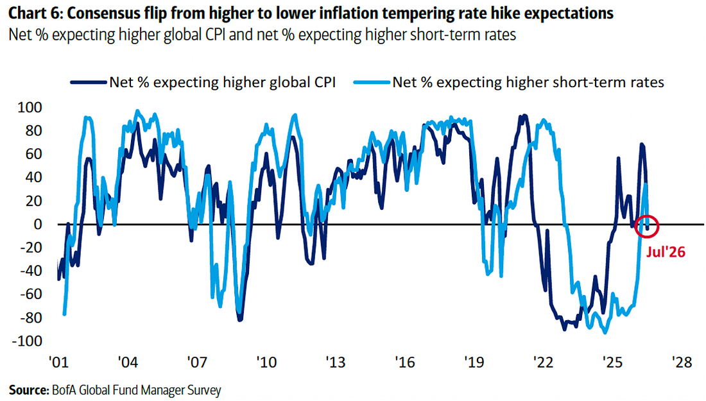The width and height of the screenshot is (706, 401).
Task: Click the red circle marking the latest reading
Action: coord(636,226)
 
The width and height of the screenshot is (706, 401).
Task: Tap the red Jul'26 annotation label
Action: coord(666,252)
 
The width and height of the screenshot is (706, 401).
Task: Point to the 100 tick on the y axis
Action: coord(30,107)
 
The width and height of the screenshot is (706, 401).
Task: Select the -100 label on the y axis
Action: coord(26,341)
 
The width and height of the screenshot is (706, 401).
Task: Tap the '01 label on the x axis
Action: coord(58,363)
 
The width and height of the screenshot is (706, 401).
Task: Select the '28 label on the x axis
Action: coord(681,363)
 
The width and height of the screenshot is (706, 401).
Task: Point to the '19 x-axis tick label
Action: coord(474,363)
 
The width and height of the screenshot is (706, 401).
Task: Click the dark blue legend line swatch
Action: coord(89,82)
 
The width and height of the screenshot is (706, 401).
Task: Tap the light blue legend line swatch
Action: coord(372,82)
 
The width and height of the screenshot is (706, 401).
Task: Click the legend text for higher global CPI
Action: coord(223,82)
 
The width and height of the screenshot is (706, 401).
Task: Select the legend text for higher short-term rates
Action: coord(528,82)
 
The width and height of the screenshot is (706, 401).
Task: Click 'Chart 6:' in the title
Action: coord(36,13)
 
